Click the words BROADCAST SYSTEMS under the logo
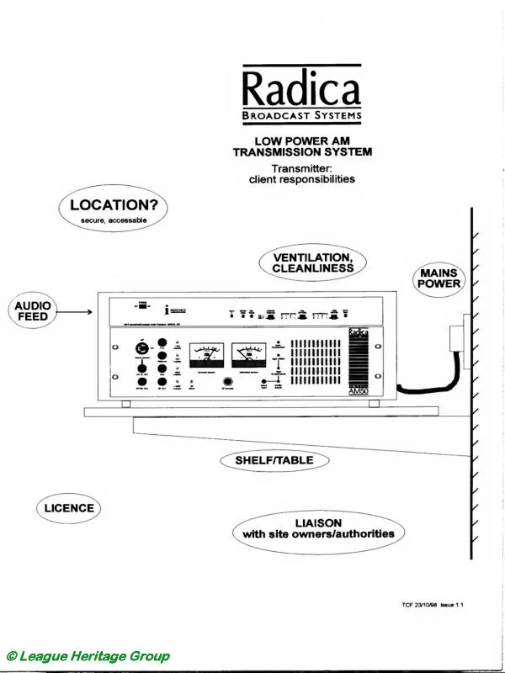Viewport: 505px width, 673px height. [300, 115]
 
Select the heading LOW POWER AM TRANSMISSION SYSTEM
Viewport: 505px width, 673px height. [301, 146]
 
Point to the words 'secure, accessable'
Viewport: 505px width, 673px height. [114, 220]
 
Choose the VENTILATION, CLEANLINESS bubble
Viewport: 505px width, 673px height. [313, 262]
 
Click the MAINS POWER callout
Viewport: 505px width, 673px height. [440, 278]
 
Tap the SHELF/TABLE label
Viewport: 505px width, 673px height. [274, 460]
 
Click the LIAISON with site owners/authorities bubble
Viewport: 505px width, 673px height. [317, 527]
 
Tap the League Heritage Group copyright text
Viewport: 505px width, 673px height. [88, 655]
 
